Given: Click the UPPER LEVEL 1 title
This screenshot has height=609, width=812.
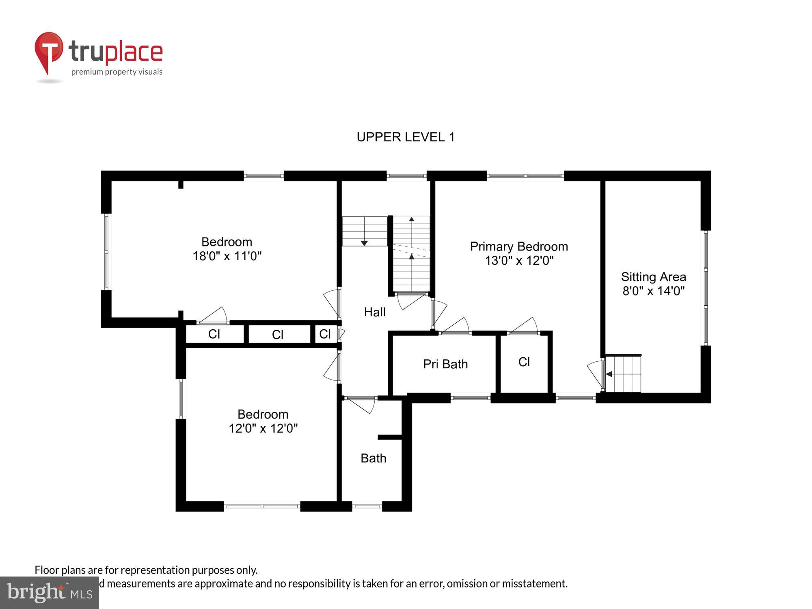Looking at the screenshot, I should tap(405, 137).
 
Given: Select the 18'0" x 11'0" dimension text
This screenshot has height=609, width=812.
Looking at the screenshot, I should tap(227, 256).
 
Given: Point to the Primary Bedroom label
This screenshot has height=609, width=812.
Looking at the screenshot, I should tap(518, 246).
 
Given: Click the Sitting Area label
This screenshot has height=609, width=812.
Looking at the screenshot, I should tap(653, 277).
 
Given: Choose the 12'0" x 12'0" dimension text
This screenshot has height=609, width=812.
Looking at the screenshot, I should tap(263, 428).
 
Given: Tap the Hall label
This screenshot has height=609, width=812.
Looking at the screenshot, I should tap(374, 312).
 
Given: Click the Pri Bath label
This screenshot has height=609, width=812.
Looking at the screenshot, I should tap(445, 364).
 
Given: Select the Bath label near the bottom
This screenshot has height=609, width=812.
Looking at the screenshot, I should tap(373, 458).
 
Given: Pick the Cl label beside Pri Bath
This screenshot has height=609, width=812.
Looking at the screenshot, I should tap(524, 362).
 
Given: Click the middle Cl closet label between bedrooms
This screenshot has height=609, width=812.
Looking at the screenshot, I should tap(277, 335).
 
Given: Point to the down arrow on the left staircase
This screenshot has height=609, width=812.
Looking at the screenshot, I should tap(364, 243).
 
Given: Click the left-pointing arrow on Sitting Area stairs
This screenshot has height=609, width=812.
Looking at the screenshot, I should tap(609, 374).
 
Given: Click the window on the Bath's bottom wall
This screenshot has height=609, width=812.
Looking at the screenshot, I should tap(367, 506).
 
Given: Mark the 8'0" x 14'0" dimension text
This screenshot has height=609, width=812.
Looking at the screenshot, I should tap(653, 291).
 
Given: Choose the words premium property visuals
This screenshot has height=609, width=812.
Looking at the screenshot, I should tap(117, 72).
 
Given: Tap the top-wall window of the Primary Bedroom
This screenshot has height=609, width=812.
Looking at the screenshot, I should tap(525, 176).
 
